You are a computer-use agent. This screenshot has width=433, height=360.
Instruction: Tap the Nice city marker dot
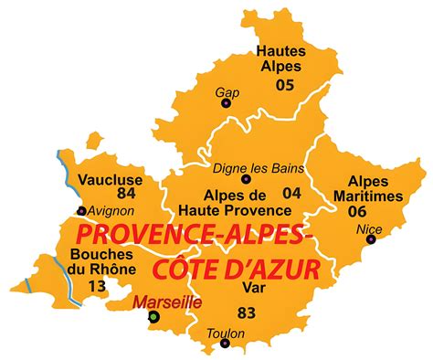(x=370, y=240)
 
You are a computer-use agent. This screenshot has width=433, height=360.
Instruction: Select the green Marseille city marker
(x=154, y=317)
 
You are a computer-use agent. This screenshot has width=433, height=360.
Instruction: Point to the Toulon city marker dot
(x=224, y=344)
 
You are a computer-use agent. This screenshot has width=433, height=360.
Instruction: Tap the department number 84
(x=125, y=194)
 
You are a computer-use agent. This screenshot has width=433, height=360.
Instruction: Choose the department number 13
(x=96, y=287)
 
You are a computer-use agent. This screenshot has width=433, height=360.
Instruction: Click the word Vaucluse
(x=109, y=179)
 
